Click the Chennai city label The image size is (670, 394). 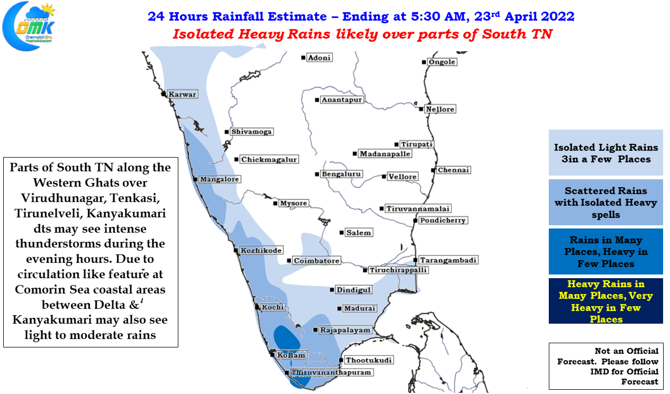click(x=454, y=170)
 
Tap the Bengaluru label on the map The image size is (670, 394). click(x=341, y=174)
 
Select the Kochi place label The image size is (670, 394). click(x=273, y=307)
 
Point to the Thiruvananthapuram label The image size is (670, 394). click(x=331, y=372)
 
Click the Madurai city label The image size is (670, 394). click(x=359, y=308)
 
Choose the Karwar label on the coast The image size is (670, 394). click(x=182, y=94)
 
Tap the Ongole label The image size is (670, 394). click(x=442, y=62)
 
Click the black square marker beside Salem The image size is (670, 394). click(x=341, y=232)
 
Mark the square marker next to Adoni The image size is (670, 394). click(x=303, y=58)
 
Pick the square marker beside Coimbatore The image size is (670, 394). click(x=289, y=260)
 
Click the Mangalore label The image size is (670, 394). click(x=220, y=179)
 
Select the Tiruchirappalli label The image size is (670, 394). click(x=398, y=270)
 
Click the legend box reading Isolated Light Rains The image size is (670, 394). click(x=605, y=152)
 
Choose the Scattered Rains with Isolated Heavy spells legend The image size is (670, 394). click(x=605, y=202)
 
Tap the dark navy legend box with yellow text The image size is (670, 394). click(x=605, y=301)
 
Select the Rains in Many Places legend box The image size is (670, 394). click(x=605, y=251)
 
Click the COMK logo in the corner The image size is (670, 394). click(x=29, y=26)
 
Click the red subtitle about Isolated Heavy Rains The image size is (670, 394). click(x=363, y=34)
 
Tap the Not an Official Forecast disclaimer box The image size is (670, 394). click(x=606, y=366)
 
